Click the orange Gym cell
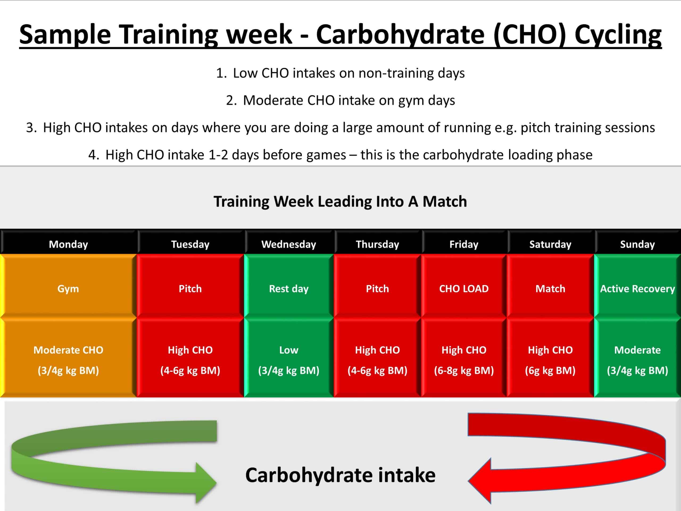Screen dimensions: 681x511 [68, 286]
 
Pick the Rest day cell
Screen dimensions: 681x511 [289, 286]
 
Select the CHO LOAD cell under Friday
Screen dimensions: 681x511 [464, 286]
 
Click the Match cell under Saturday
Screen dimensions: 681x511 [550, 286]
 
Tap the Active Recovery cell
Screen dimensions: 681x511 [637, 286]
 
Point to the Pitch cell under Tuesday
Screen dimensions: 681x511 [190, 286]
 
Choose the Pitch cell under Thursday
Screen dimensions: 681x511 [377, 286]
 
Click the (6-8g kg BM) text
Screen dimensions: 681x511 [464, 370]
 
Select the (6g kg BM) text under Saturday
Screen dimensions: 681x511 [550, 370]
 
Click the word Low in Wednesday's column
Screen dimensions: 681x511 [289, 350]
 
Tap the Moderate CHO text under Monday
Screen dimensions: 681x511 [68, 350]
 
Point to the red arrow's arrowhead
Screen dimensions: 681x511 [479, 480]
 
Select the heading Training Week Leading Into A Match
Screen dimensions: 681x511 [340, 202]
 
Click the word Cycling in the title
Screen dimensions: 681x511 [618, 35]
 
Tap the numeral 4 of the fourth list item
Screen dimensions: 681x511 [92, 155]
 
